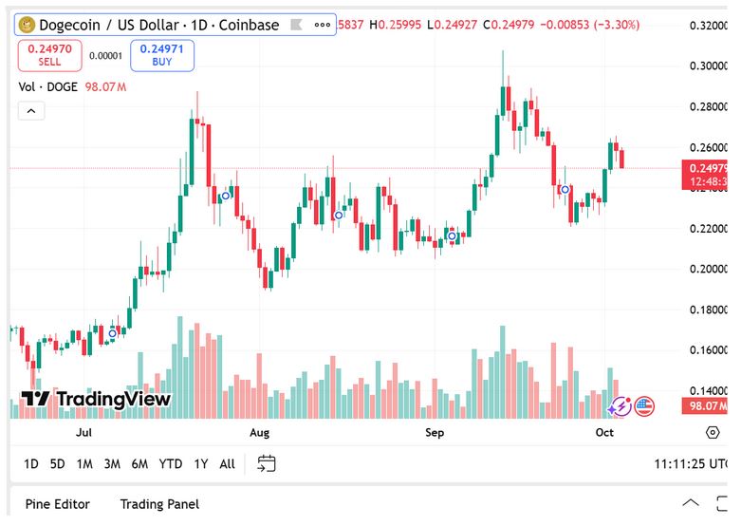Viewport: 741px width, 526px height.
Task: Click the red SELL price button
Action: tap(49, 55)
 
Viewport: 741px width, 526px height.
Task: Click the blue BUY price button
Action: tap(162, 55)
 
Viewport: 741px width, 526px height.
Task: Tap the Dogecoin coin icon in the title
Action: tap(28, 25)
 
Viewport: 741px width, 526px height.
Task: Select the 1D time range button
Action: tap(31, 464)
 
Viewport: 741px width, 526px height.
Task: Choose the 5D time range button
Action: tap(58, 464)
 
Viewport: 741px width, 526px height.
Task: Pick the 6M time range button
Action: tap(139, 464)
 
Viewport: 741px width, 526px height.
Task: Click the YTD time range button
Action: tap(171, 464)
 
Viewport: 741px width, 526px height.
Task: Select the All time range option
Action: tap(227, 464)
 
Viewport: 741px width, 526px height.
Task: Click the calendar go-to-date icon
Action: tap(267, 463)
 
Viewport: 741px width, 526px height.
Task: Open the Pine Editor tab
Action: tap(58, 504)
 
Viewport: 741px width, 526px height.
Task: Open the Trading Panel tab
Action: tap(159, 504)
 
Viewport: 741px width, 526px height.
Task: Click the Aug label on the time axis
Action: tap(259, 433)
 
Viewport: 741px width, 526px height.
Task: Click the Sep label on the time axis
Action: tap(435, 433)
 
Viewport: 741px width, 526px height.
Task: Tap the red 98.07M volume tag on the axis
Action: tap(705, 406)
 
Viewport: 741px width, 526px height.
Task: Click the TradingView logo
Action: tap(96, 400)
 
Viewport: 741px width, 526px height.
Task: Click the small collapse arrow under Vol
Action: tap(30, 111)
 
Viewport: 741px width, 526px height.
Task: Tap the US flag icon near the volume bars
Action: tap(644, 406)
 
